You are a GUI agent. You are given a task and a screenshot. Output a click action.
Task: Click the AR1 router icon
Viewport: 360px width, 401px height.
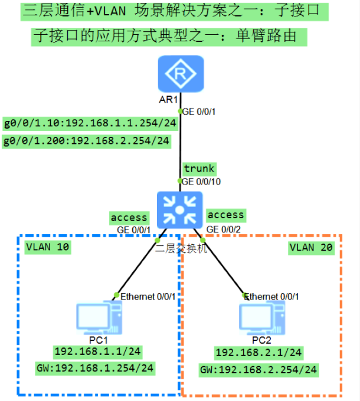181,74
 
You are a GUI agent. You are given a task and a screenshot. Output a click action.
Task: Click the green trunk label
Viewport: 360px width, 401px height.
199,169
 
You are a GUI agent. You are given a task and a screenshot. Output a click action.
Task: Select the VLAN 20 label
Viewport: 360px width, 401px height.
311,248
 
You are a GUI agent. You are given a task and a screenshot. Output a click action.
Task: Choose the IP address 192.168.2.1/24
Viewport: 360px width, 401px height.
258,353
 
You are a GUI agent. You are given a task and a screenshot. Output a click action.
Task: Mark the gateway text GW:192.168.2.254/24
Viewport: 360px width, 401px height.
258,370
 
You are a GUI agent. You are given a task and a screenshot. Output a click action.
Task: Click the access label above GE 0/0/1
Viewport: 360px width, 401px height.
129,218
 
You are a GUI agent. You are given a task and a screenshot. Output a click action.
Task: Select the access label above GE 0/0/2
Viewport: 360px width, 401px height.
226,215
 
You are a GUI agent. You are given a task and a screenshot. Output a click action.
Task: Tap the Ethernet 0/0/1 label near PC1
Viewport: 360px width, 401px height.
148,295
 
